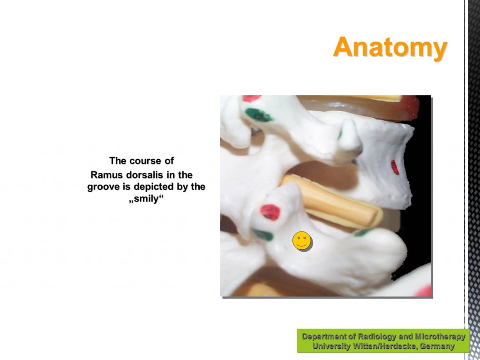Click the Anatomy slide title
(x=390, y=47)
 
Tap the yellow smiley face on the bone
(x=302, y=240)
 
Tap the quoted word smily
(x=146, y=199)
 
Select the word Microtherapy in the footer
(x=440, y=337)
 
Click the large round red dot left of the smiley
(x=270, y=212)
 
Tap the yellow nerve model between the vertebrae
(x=332, y=201)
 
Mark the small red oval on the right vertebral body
(x=395, y=167)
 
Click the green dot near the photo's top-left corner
(x=259, y=115)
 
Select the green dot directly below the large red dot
(x=262, y=235)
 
